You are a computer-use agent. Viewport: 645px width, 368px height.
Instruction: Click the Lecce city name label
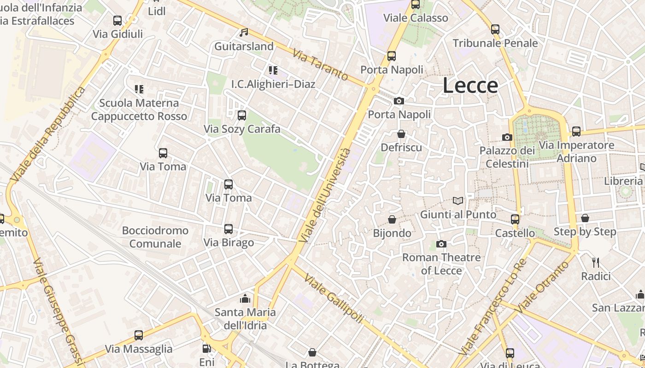coord(470,86)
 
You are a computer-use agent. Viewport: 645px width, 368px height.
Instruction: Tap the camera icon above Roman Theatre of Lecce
coord(441,244)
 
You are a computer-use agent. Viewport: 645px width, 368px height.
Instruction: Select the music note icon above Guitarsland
coord(244,32)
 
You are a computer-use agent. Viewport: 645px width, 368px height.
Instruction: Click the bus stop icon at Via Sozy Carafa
coord(242,115)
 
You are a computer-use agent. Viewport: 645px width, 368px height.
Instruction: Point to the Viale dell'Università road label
coord(325,195)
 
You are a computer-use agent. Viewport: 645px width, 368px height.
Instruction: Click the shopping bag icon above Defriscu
coord(401,134)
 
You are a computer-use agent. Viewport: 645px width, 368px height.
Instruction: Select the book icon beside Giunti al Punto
coord(458,201)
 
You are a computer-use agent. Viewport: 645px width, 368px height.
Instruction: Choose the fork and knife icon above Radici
coord(596,263)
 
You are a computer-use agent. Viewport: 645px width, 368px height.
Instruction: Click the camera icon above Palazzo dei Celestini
coord(507,137)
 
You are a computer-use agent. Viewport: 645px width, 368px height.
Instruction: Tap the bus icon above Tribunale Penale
coord(495,29)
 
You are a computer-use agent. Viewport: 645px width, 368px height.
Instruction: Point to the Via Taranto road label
coord(320,65)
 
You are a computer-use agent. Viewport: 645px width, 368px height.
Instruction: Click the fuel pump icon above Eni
coord(207,349)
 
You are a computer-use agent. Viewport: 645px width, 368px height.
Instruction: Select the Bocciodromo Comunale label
coord(155,237)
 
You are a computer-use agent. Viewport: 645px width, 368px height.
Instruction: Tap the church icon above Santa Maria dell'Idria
coord(245,299)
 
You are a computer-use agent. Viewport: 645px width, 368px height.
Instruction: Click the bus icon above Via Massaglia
coord(139,335)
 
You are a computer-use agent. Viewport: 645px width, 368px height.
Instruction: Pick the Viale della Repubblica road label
coord(47,133)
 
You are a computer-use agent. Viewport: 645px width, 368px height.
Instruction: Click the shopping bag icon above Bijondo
coord(392,219)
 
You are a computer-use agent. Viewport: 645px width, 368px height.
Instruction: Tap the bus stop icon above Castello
coord(515,219)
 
